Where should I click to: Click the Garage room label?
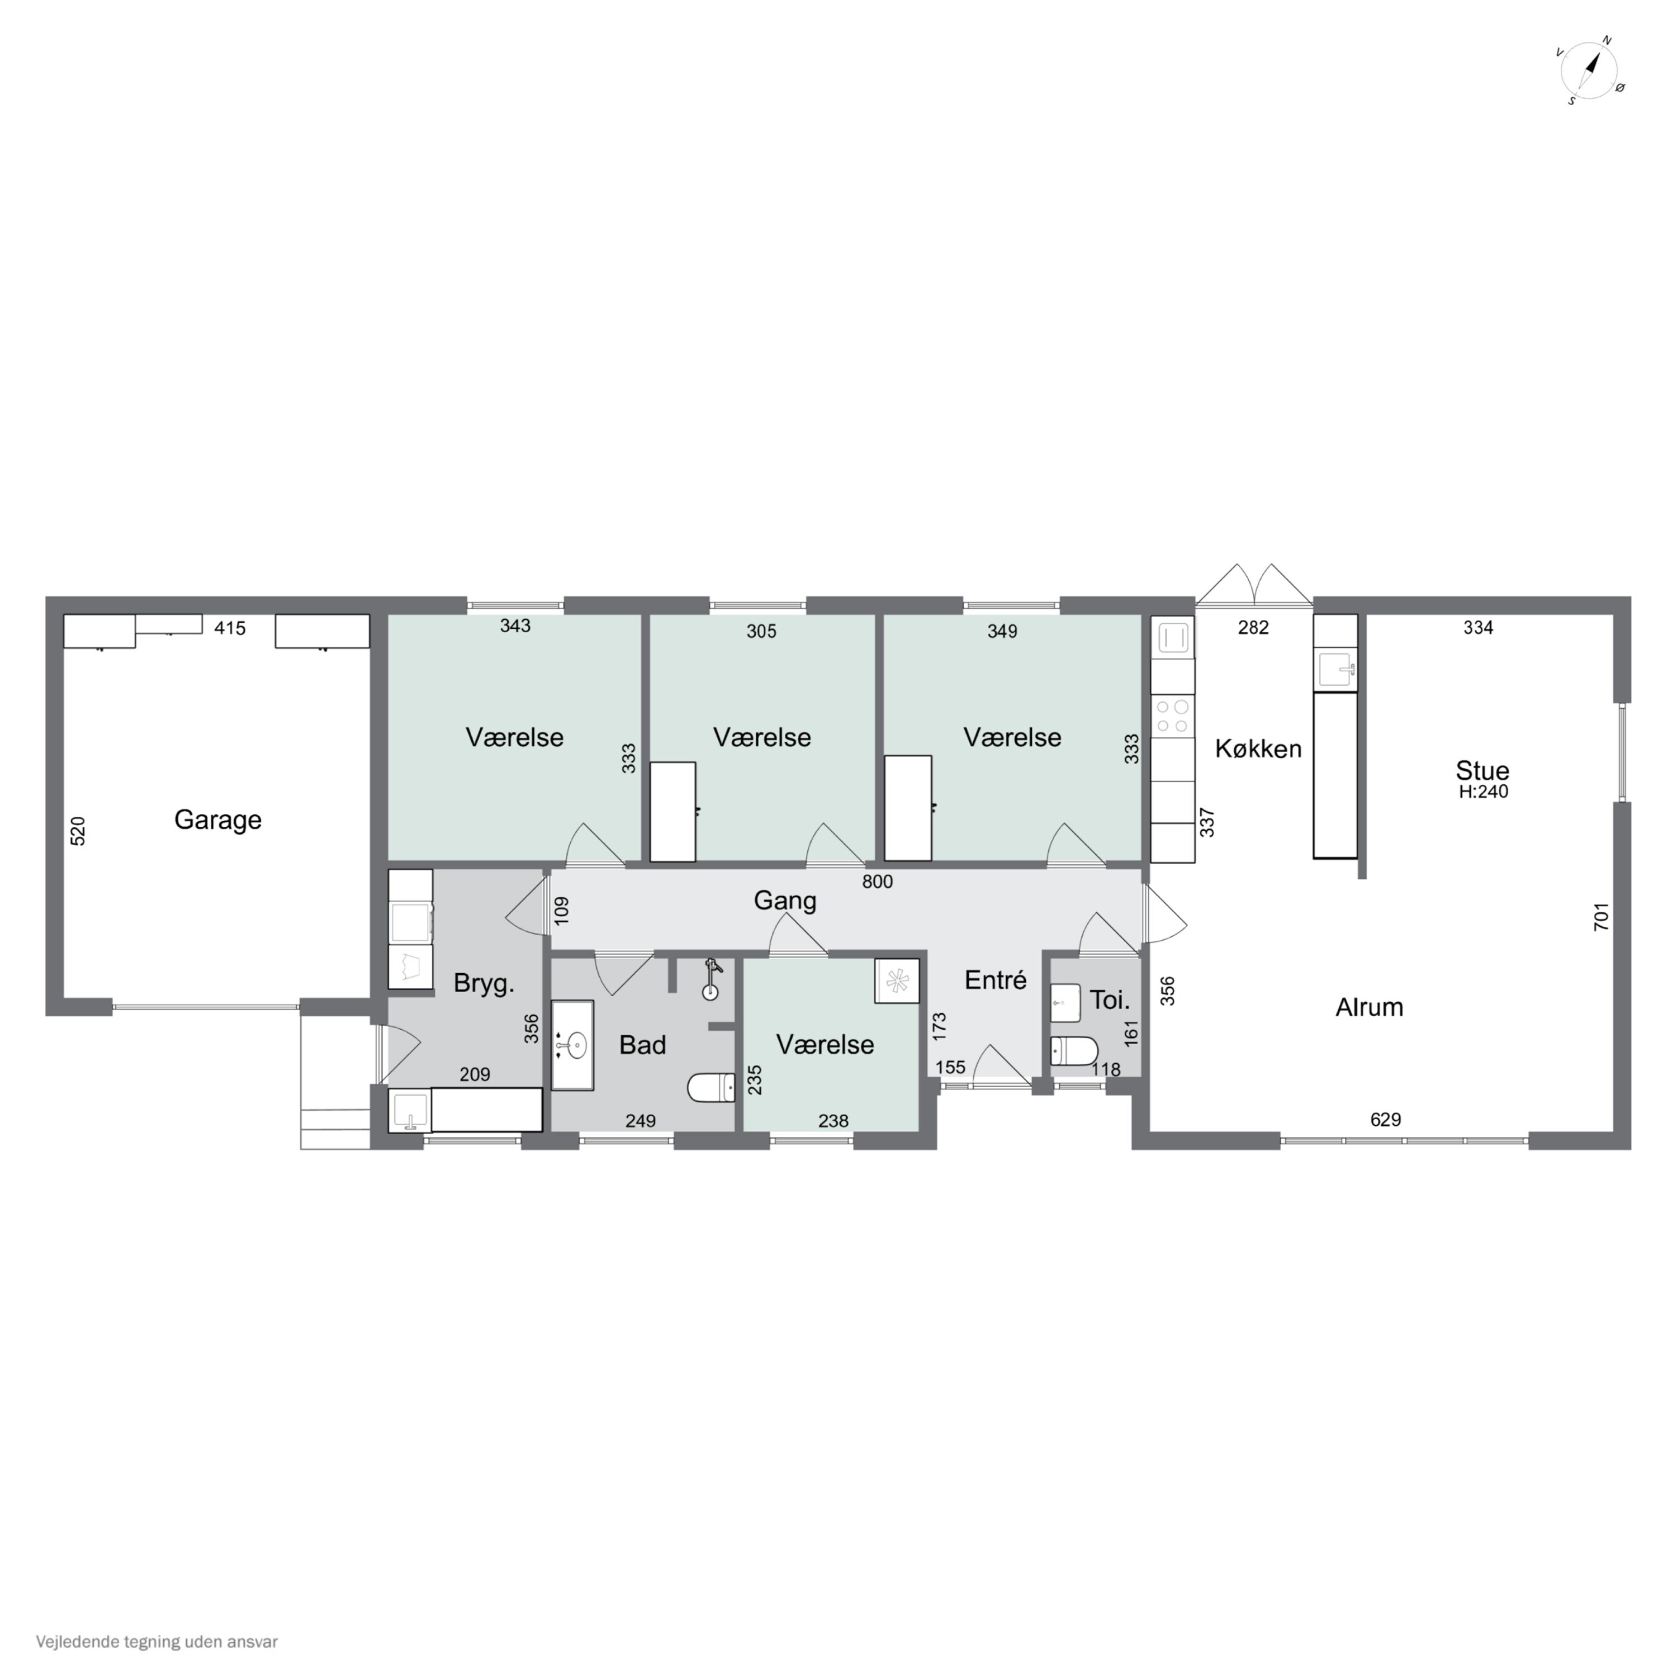pyautogui.click(x=218, y=819)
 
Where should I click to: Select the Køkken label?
pyautogui.click(x=1258, y=749)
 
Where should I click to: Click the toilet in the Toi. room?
pyautogui.click(x=1074, y=1050)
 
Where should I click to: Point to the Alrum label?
pyautogui.click(x=1369, y=1007)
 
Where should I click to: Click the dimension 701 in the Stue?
pyautogui.click(x=1602, y=917)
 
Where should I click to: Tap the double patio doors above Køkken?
pyautogui.click(x=1253, y=587)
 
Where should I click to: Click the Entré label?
pyautogui.click(x=996, y=980)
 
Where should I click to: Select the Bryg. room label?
pyautogui.click(x=484, y=983)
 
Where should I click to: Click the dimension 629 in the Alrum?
pyautogui.click(x=1385, y=1120)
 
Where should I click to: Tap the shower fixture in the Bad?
pyautogui.click(x=711, y=980)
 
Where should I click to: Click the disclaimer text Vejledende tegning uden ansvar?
pyautogui.click(x=157, y=1641)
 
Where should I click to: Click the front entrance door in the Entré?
pyautogui.click(x=1001, y=1067)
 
